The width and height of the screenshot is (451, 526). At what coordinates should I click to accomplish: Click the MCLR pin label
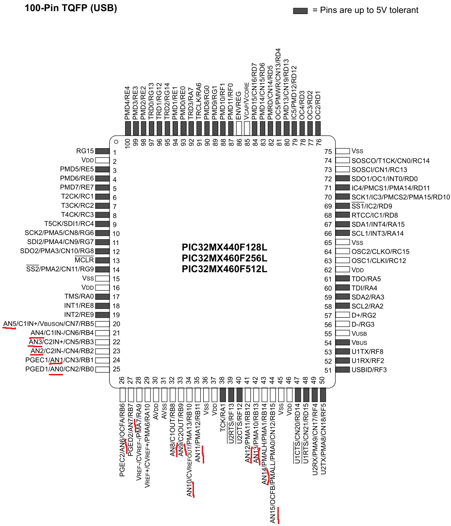pyautogui.click(x=84, y=260)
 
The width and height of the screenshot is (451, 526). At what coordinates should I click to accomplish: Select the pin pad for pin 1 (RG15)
pyautogui.click(x=102, y=151)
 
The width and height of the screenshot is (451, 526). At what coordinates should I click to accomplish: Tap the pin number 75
pyautogui.click(x=328, y=152)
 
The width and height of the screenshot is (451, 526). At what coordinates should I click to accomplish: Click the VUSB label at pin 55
pyautogui.click(x=359, y=333)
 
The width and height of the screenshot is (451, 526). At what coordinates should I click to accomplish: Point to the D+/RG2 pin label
pyautogui.click(x=364, y=315)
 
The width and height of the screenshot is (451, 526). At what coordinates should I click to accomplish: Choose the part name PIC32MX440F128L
pyautogui.click(x=225, y=248)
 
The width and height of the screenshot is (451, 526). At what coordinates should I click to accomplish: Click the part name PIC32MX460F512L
pyautogui.click(x=225, y=269)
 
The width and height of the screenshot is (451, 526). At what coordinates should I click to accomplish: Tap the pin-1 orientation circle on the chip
pyautogui.click(x=116, y=142)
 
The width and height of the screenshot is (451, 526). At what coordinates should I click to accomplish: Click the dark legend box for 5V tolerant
pyautogui.click(x=300, y=11)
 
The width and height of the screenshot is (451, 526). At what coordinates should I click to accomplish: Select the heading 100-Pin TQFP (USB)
pyautogui.click(x=71, y=8)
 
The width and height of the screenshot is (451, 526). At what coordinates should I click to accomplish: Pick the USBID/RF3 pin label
pyautogui.click(x=369, y=370)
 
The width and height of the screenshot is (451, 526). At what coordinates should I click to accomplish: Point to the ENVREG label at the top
pyautogui.click(x=239, y=106)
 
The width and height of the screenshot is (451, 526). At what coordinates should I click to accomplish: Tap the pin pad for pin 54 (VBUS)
pyautogui.click(x=342, y=342)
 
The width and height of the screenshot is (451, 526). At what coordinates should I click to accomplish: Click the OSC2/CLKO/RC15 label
pyautogui.click(x=381, y=251)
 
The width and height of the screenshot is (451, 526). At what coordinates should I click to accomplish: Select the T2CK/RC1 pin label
pyautogui.click(x=77, y=196)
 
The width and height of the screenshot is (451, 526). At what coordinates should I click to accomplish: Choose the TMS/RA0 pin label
pyautogui.click(x=79, y=296)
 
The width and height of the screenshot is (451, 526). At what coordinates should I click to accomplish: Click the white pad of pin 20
pyautogui.click(x=102, y=324)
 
